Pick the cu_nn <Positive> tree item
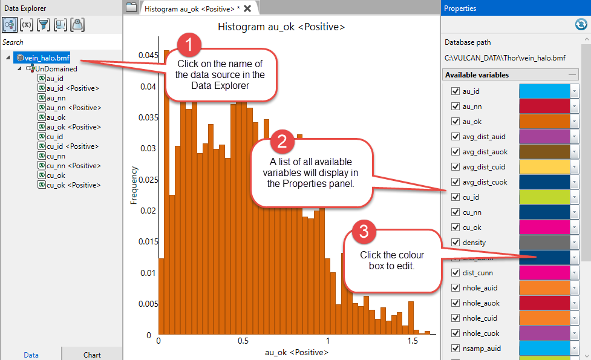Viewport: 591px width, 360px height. tap(73, 166)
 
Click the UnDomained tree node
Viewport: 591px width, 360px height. tap(56, 69)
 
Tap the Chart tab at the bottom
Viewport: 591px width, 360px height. tap(92, 355)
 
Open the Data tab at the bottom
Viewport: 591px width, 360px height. tap(31, 355)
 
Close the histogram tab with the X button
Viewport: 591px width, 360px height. tap(247, 8)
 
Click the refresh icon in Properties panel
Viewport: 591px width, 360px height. tap(581, 24)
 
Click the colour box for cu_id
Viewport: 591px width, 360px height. tap(544, 197)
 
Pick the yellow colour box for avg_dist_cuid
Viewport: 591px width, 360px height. tap(544, 167)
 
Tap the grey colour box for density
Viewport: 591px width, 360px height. tap(544, 243)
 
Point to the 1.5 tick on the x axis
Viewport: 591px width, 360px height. tap(413, 341)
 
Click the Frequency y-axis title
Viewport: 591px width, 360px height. tap(134, 185)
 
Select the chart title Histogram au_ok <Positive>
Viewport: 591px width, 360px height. tap(281, 27)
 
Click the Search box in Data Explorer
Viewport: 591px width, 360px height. tap(60, 42)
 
